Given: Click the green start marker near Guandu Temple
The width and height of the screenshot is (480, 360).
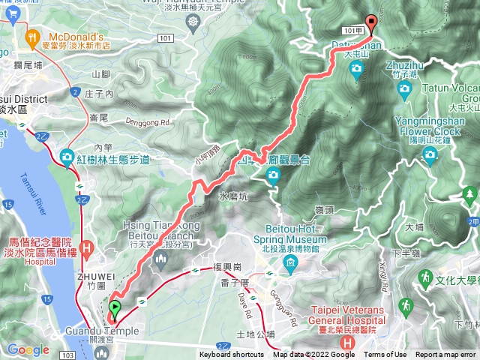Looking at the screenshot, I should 114,308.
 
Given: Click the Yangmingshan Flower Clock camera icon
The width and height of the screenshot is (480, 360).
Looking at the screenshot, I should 430,154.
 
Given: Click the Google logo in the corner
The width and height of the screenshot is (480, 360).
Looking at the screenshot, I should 28,349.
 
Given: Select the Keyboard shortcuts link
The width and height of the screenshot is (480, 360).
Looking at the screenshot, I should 231,355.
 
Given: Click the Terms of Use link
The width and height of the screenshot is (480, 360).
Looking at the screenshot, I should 385,355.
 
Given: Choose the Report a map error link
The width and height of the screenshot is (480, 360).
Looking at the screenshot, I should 446,355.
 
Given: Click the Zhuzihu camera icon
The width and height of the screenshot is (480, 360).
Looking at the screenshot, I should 406,88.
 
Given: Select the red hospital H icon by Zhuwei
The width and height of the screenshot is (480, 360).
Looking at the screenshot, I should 87,247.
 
